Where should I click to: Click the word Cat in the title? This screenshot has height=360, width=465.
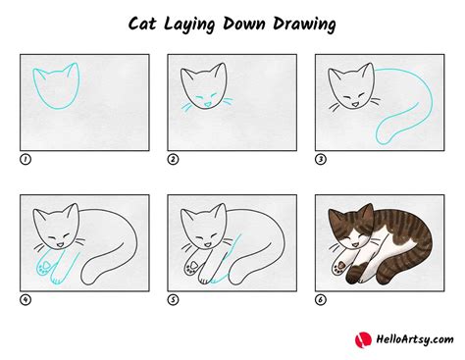[142, 24]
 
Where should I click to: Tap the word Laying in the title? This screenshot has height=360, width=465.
[189, 25]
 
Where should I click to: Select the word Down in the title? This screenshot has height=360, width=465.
[244, 24]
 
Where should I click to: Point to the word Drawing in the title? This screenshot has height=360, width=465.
[304, 25]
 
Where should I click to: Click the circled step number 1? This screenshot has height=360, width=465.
[26, 159]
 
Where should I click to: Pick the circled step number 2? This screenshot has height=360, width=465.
[173, 159]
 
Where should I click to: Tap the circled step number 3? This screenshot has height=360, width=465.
[321, 159]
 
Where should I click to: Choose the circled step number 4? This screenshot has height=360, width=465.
[26, 299]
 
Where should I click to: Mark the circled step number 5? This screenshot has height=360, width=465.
[173, 299]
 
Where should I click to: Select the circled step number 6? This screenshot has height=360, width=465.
[321, 299]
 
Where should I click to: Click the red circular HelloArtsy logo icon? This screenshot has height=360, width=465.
[363, 340]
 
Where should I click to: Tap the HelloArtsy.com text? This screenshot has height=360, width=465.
[415, 339]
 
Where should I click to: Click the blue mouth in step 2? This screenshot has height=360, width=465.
[207, 105]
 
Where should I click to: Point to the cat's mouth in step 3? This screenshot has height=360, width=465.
[355, 105]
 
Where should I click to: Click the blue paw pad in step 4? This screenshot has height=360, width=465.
[46, 264]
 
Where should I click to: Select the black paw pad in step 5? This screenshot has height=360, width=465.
[193, 264]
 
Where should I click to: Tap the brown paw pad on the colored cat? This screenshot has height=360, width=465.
[341, 264]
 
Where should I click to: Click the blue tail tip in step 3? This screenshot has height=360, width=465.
[382, 139]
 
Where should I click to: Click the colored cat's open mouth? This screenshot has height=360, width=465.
[355, 245]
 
